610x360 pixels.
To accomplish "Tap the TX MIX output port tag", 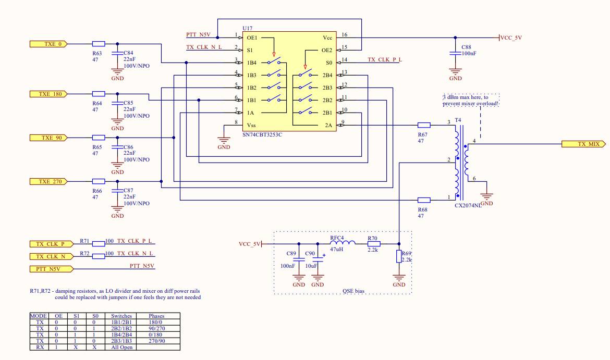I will (x=583, y=144).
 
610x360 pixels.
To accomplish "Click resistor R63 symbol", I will (x=99, y=44).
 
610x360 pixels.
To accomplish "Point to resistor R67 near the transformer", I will (x=424, y=125).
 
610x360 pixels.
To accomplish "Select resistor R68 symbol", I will (x=424, y=200).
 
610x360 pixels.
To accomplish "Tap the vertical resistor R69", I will (x=399, y=256).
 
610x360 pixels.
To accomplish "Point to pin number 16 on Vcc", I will (x=344, y=35).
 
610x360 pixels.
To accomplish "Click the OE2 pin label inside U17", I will (x=326, y=51).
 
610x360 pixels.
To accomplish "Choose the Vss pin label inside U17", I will (x=251, y=125).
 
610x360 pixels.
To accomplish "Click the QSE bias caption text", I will (x=354, y=291).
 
